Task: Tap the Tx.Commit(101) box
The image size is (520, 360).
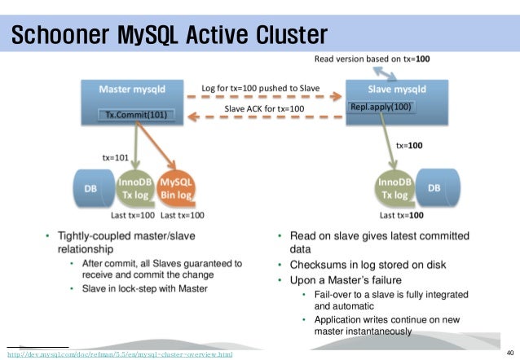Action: (136, 114)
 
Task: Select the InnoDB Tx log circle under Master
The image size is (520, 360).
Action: (134, 191)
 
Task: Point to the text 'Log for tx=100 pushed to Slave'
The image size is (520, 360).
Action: (260, 87)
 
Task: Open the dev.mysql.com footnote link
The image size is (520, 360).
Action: (120, 354)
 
